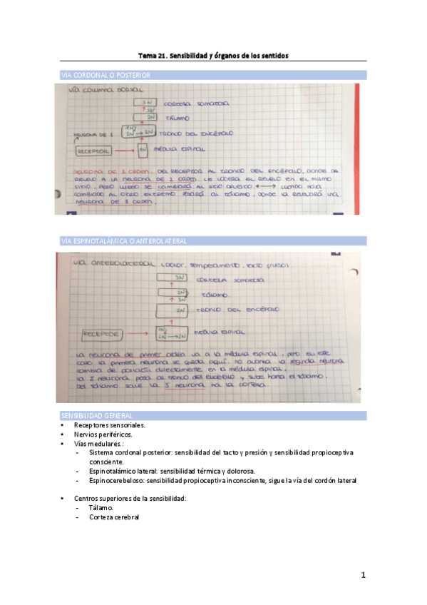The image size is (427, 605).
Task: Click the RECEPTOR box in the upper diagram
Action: (x=93, y=151)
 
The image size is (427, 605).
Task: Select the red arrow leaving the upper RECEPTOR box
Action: (x=125, y=151)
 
